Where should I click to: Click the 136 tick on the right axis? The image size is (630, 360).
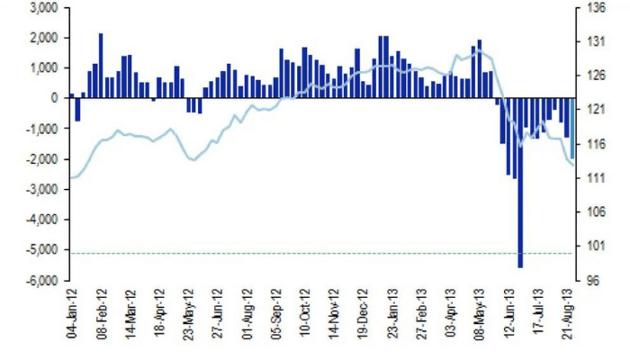click(597, 7)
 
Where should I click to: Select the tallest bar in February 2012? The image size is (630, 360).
click(101, 66)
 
